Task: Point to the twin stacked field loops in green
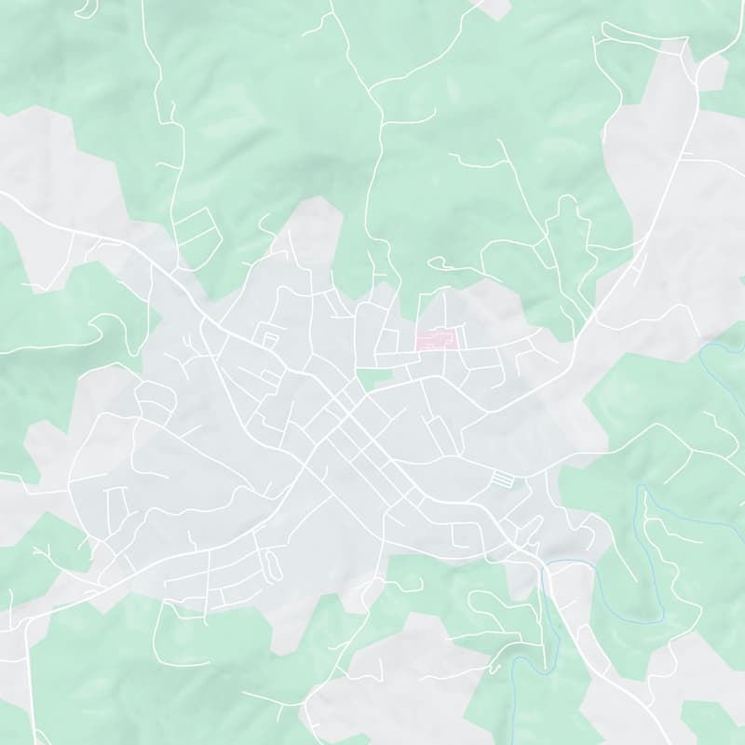point(196,229)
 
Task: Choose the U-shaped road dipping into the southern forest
point(168,633)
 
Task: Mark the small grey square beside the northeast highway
point(711,71)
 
